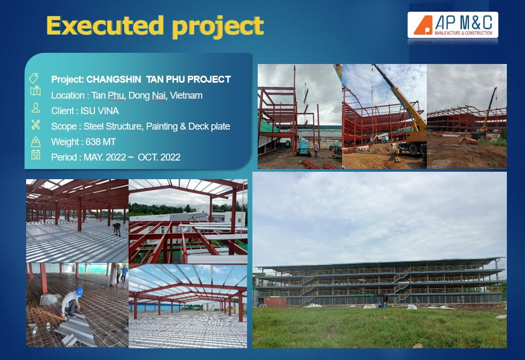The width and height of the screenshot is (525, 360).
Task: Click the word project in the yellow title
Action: click(x=218, y=27)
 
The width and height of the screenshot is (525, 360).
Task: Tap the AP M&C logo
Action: click(x=452, y=25)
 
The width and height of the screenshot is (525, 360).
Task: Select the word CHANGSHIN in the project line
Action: click(x=114, y=79)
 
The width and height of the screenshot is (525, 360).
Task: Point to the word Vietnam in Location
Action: click(x=186, y=95)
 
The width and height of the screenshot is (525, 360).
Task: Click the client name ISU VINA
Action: click(x=100, y=111)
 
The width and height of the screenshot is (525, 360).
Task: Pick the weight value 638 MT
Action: click(x=100, y=142)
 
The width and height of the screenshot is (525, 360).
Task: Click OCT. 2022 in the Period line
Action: click(x=159, y=157)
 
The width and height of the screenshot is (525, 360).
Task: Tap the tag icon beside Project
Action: click(x=34, y=78)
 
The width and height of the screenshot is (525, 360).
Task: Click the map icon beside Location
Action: click(x=36, y=91)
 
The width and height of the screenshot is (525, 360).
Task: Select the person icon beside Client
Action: click(x=36, y=108)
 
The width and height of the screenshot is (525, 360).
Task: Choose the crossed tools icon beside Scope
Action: click(x=36, y=124)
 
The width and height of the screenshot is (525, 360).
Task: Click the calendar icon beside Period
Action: click(x=36, y=155)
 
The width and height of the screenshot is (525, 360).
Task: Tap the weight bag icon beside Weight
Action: click(x=36, y=142)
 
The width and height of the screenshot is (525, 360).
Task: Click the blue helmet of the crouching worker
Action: click(x=79, y=291)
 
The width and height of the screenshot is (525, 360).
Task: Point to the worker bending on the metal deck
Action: click(x=117, y=229)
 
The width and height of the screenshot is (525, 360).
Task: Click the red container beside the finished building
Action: click(x=275, y=302)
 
